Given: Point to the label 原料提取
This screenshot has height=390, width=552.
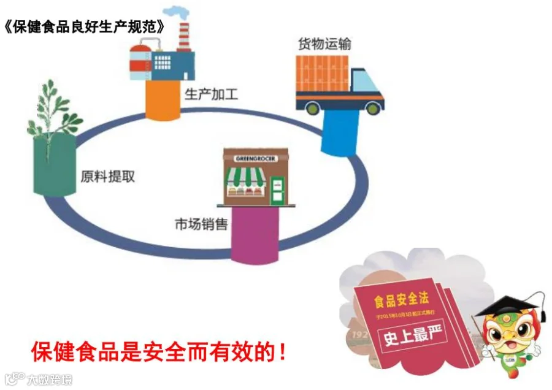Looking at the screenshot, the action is [107, 177].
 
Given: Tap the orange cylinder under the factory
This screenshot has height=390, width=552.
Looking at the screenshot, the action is [163, 100].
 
